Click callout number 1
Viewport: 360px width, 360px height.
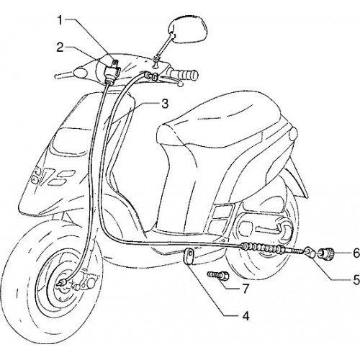click(x=60, y=20)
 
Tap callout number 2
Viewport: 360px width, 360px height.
click(x=60, y=48)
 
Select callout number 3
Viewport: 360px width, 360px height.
click(x=165, y=104)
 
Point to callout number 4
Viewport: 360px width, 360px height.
click(x=246, y=316)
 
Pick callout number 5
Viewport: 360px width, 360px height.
click(x=356, y=279)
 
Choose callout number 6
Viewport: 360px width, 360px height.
click(x=356, y=253)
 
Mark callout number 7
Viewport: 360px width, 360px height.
click(x=246, y=289)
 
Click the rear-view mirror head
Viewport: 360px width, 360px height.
click(x=189, y=30)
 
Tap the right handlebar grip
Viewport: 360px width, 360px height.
click(x=186, y=75)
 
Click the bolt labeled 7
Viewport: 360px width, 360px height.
click(x=218, y=275)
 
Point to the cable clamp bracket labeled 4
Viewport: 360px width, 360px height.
click(x=190, y=256)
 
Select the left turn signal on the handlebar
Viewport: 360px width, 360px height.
click(x=80, y=72)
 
